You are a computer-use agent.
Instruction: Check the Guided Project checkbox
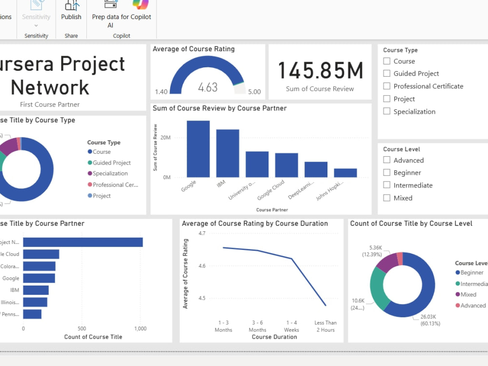[387, 74]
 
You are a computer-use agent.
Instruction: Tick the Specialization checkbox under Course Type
[387, 112]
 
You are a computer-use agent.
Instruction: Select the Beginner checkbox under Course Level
[387, 173]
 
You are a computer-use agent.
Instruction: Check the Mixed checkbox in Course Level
[387, 198]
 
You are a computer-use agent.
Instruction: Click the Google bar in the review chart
[198, 149]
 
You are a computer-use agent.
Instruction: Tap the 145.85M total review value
[320, 71]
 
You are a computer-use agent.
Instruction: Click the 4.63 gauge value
[208, 88]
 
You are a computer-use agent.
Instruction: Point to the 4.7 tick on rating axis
[202, 234]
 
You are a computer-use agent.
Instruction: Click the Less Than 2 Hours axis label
[325, 326]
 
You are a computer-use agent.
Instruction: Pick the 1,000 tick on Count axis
[140, 329]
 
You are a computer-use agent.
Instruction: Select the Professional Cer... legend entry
[115, 185]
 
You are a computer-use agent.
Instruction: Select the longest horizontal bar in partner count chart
[83, 243]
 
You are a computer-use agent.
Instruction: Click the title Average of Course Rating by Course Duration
[255, 224]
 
